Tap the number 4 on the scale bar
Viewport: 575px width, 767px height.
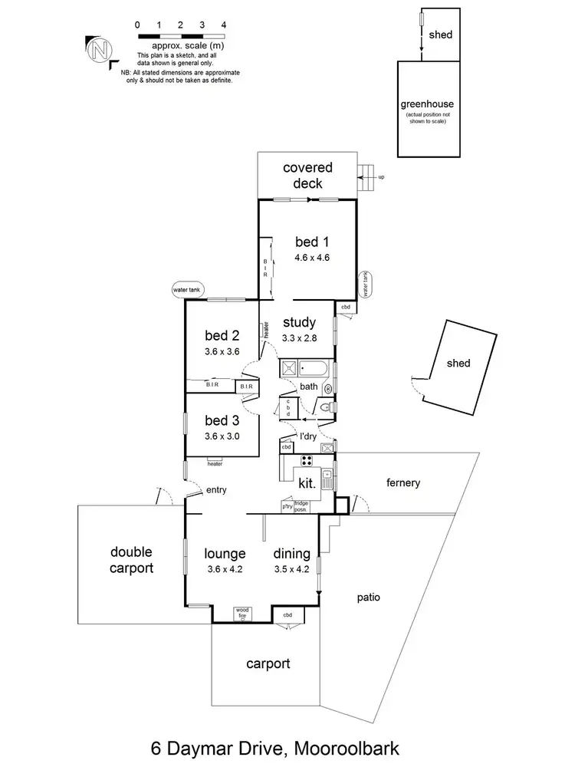pos(223,25)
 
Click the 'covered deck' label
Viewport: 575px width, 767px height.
pos(307,176)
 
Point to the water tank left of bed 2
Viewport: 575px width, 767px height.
pos(188,291)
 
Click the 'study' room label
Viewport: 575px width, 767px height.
pos(299,322)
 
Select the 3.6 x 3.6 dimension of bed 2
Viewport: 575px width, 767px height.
pos(222,352)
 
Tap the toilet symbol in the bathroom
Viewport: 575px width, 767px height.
pos(326,408)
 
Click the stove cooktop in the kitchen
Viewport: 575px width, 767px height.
pos(307,461)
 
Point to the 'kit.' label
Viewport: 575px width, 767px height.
pos(307,484)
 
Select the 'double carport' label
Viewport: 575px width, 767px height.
pos(131,560)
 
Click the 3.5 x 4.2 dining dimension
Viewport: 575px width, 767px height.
pos(291,569)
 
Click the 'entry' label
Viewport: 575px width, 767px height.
pos(217,490)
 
